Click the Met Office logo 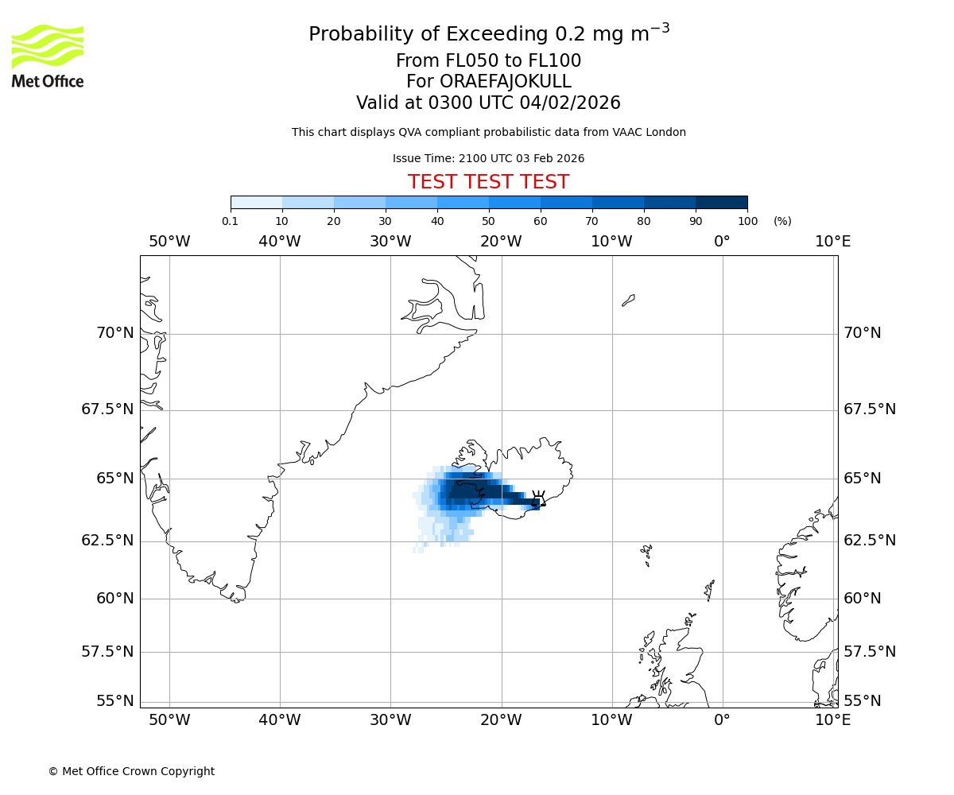[48, 56]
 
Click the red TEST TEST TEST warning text [488, 182]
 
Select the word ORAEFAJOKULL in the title [488, 82]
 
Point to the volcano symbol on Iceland [538, 498]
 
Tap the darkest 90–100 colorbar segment [721, 203]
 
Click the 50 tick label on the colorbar [488, 221]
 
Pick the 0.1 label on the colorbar [231, 221]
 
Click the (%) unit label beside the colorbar [782, 221]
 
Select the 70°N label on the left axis [115, 332]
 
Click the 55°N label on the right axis [863, 700]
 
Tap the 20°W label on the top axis [501, 241]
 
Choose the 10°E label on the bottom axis [832, 719]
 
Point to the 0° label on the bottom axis [722, 719]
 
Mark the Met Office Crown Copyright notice [131, 771]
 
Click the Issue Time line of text [488, 158]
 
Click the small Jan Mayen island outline [628, 300]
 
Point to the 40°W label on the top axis [280, 241]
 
